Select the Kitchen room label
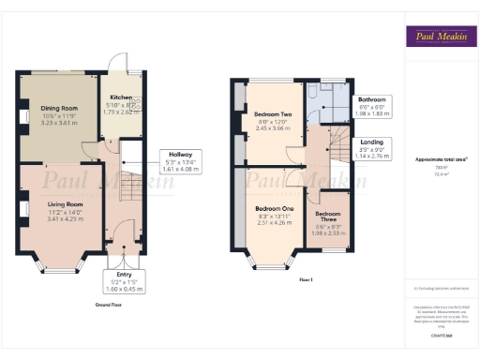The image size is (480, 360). pos(121,97)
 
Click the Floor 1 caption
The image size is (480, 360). pos(306,279)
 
